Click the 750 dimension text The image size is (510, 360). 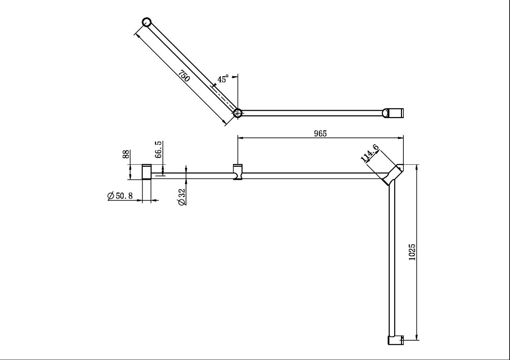click(184, 76)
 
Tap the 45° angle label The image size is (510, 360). click(223, 79)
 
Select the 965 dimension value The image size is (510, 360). click(320, 133)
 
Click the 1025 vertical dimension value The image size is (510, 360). click(412, 252)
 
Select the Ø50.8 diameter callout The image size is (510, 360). click(120, 196)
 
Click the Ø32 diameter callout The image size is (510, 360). click(182, 196)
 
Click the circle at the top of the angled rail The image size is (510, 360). click(147, 22)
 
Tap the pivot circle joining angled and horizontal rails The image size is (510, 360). click(238, 113)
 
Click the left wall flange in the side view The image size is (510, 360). click(146, 172)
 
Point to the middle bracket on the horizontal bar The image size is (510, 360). click(238, 172)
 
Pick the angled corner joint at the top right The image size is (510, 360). click(394, 175)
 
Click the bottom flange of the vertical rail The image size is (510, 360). click(395, 340)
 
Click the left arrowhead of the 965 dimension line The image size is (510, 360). click(240, 138)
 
